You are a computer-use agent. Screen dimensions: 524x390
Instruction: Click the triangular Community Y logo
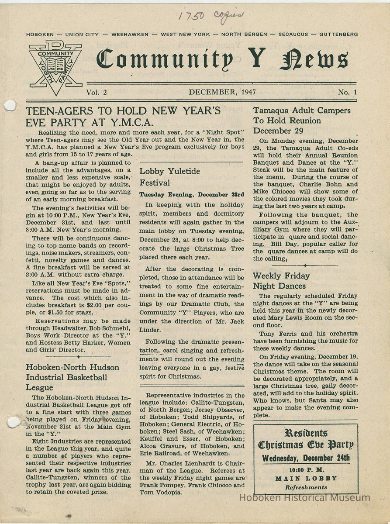[x=55, y=67]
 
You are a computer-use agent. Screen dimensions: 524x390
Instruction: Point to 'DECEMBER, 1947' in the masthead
[x=222, y=92]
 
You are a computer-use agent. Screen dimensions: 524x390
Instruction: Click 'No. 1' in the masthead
[x=347, y=92]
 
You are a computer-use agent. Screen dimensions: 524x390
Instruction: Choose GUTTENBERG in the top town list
[x=338, y=34]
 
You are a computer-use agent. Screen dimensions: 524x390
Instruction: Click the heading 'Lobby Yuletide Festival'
[x=169, y=176]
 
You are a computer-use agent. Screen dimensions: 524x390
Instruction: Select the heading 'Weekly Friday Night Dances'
[x=281, y=281]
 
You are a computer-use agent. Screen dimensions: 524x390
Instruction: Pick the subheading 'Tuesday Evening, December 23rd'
[x=192, y=194]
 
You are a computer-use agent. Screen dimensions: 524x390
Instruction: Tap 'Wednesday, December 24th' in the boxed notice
[x=306, y=458]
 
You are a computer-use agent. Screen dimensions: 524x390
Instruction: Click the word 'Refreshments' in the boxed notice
[x=306, y=487]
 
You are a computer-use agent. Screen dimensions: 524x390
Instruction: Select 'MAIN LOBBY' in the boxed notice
[x=306, y=478]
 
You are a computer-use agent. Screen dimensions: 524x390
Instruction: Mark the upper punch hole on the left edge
[x=9, y=106]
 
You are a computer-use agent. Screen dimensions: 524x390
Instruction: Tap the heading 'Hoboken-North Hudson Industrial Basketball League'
[x=66, y=377]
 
